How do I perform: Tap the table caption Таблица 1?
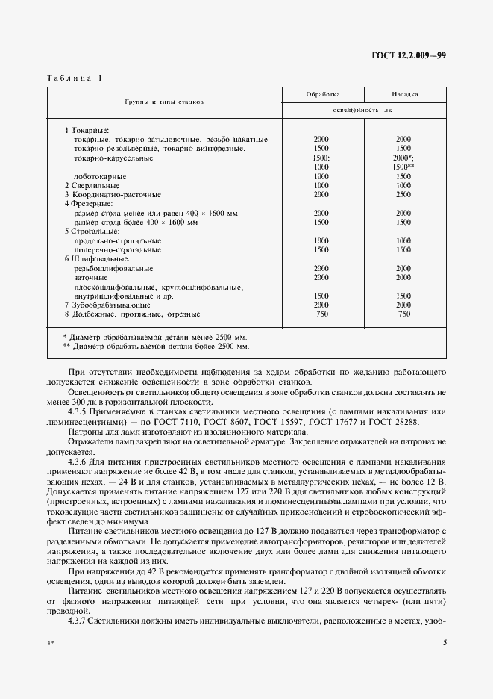click(x=76, y=78)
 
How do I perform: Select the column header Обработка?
click(x=323, y=95)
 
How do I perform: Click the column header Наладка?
click(x=404, y=95)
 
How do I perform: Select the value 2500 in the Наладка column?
click(x=403, y=194)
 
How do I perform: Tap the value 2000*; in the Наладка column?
click(x=404, y=158)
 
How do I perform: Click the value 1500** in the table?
click(x=404, y=167)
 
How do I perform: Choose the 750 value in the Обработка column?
click(x=321, y=314)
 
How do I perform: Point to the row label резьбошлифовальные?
click(x=113, y=268)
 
